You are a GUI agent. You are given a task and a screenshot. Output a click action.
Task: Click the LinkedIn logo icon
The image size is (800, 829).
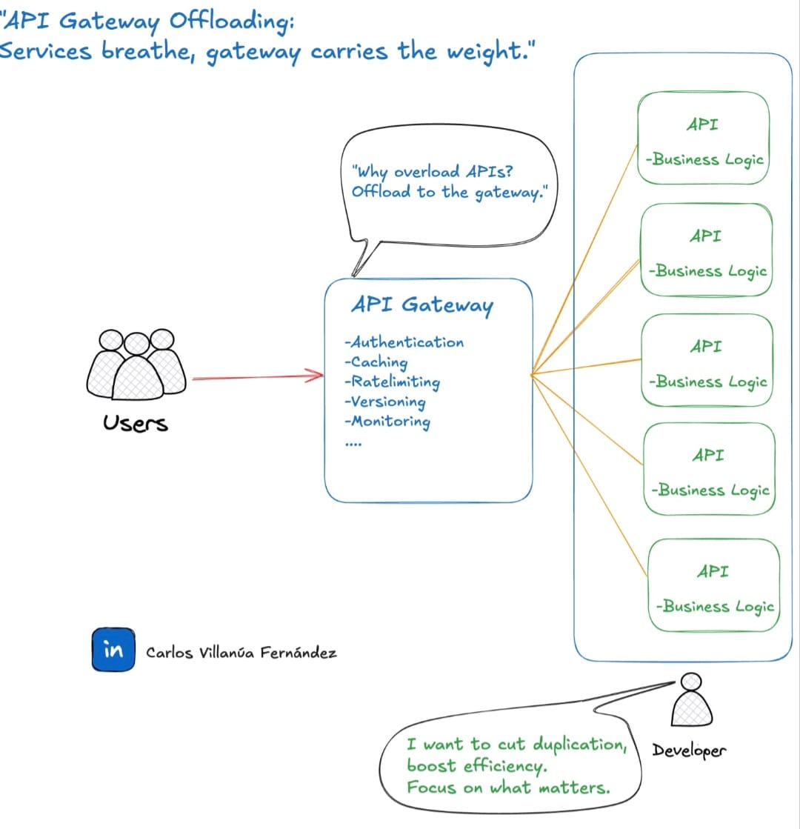113,650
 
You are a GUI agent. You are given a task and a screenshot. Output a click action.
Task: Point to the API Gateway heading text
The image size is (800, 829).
421,305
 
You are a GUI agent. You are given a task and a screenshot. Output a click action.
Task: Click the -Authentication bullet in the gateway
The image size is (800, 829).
404,342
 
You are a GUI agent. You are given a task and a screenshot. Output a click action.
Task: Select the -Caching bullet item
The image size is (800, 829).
376,362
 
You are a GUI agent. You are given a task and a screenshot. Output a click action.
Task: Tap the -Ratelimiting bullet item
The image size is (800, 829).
392,382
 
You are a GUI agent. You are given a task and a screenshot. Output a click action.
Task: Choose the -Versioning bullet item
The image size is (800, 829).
384,402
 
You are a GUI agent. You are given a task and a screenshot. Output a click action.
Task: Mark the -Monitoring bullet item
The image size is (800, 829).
387,422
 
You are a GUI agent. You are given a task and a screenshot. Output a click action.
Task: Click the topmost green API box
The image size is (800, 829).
703,139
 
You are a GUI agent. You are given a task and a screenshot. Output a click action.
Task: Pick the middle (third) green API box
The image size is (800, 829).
707,361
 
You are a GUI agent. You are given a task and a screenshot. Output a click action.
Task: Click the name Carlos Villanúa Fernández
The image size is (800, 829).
241,653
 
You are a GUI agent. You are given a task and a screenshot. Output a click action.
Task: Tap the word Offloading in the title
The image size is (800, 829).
232,21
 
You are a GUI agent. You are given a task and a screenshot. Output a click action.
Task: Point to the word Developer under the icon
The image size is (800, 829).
689,750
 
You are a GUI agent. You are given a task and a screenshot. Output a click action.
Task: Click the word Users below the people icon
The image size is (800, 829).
136,424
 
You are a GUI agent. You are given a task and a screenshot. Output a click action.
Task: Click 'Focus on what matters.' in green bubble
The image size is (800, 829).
508,788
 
